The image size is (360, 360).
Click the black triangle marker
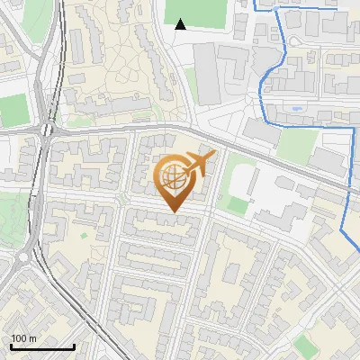coord(181,24)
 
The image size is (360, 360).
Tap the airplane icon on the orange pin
coord(200,163)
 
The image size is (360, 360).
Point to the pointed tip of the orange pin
coord(173,212)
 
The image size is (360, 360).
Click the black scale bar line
coord(41,347)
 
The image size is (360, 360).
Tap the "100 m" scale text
coord(23,338)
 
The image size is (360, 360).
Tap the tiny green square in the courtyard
coord(84,236)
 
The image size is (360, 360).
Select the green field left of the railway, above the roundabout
coord(13,109)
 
